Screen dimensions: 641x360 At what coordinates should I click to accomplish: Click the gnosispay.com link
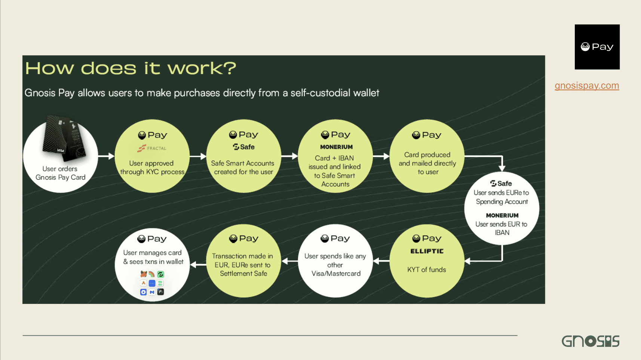pyautogui.click(x=587, y=86)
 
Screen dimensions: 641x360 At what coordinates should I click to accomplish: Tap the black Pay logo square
pyautogui.click(x=597, y=47)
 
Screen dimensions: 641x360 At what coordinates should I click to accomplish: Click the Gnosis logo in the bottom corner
pyautogui.click(x=590, y=341)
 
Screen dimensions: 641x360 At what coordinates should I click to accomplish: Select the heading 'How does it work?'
pyautogui.click(x=131, y=68)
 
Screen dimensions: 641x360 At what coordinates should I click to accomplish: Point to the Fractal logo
pyautogui.click(x=152, y=148)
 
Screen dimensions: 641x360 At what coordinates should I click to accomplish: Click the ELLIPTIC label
pyautogui.click(x=427, y=251)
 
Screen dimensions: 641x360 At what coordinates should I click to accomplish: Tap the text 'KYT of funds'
pyautogui.click(x=427, y=269)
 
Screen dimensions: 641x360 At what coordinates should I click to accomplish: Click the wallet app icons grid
pyautogui.click(x=152, y=283)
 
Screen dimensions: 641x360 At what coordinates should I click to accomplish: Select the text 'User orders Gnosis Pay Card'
pyautogui.click(x=60, y=173)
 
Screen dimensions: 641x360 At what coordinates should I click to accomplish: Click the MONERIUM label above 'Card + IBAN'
pyautogui.click(x=336, y=147)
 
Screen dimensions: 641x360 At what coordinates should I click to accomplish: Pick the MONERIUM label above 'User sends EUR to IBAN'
pyautogui.click(x=502, y=216)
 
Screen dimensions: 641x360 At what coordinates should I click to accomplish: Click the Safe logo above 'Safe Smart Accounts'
pyautogui.click(x=243, y=147)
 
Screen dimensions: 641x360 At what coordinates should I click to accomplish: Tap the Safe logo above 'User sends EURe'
pyautogui.click(x=501, y=183)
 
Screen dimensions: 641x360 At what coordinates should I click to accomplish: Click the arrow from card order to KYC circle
pyautogui.click(x=106, y=156)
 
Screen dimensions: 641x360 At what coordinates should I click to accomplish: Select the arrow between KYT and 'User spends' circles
pyautogui.click(x=381, y=261)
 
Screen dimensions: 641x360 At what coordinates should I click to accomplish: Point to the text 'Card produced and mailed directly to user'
pyautogui.click(x=427, y=163)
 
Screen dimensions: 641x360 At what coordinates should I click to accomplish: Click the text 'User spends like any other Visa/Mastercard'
pyautogui.click(x=335, y=265)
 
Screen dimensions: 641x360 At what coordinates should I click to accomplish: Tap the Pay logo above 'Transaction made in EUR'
pyautogui.click(x=243, y=238)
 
